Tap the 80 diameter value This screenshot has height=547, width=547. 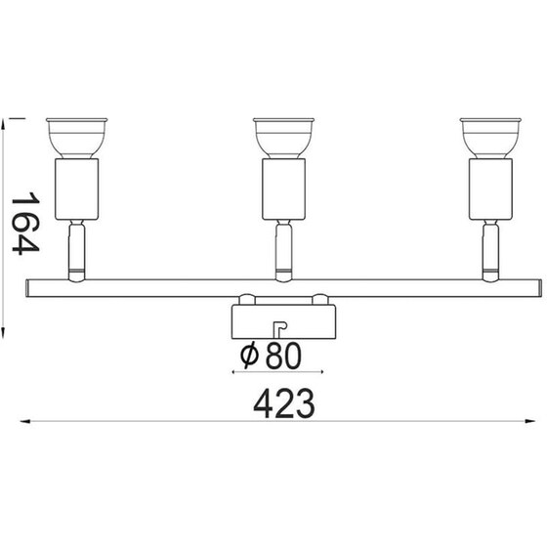pos(279,356)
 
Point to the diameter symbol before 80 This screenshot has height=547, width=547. pos(248,356)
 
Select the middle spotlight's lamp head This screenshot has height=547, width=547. pos(282,137)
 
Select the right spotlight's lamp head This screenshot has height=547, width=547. pos(489,137)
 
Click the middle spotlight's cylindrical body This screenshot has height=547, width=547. pos(283,189)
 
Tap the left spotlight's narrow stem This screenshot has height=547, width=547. pos(75,248)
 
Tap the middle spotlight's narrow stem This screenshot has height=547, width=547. pos(283,248)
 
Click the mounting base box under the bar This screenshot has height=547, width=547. pos(283,318)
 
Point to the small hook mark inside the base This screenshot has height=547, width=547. pos(278,327)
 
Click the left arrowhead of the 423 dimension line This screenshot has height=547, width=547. pos(26,422)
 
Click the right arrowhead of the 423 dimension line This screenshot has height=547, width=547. pos(537,422)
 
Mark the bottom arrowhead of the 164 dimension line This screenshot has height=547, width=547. pos(7,330)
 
